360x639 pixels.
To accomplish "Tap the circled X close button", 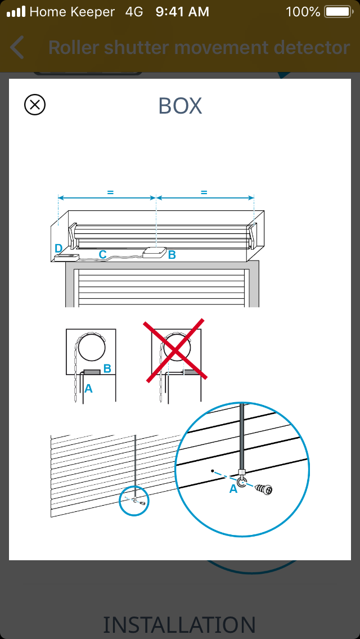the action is pos(35,105).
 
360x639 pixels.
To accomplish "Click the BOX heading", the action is pos(180,106).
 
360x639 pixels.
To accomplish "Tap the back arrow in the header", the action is pos(17,47).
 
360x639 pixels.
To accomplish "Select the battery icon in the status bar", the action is pos(339,12).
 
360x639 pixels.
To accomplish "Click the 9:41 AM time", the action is pos(182,12).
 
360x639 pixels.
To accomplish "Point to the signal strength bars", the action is pos(16,11).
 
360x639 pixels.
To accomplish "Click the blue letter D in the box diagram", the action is pos(58,248).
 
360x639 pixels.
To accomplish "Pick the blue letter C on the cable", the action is pos(103,254).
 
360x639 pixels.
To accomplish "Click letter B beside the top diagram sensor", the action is pos(172,255).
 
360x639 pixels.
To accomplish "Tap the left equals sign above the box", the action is pos(110,192).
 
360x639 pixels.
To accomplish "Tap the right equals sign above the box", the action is pos(204,192).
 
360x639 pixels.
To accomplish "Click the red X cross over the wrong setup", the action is pos(175,350).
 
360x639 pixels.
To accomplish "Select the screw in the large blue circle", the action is pos(264,489).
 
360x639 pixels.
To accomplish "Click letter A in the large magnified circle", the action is pos(233,489).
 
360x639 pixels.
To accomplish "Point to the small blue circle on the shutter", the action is pos(134,501).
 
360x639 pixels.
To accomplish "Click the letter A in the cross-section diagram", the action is pos(88,389).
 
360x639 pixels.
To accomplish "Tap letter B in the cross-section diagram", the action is pos(107,368).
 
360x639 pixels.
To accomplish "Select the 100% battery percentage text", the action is pos(303,12).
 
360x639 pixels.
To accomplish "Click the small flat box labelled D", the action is pos(66,257).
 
